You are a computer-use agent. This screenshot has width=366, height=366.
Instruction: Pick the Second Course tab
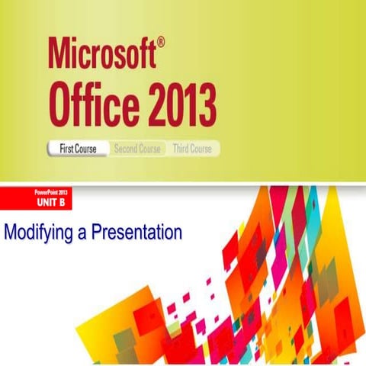tap(137, 149)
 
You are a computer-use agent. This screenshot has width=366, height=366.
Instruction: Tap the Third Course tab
tap(192, 149)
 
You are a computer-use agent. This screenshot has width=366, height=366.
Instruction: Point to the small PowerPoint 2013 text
tap(52, 194)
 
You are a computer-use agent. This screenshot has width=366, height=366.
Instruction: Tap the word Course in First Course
tap(86, 149)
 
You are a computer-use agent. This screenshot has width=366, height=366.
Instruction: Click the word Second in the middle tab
tap(126, 149)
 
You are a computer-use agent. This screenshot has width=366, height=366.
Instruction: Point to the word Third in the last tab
tap(182, 149)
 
